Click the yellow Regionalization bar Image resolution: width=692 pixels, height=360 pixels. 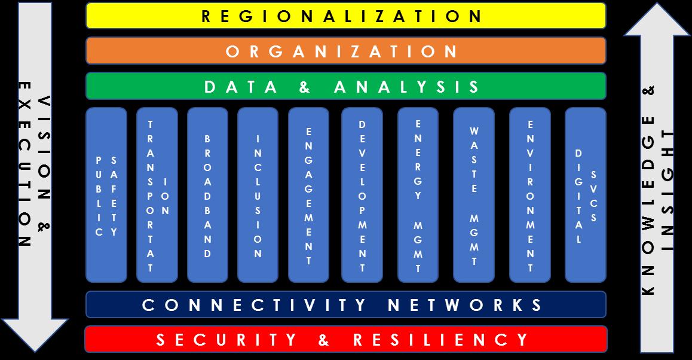[346, 16]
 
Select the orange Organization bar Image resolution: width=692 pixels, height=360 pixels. [346, 51]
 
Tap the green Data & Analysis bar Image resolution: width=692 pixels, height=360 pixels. [346, 86]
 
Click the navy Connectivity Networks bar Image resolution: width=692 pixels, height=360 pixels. [346, 304]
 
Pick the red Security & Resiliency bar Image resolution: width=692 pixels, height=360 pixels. [346, 339]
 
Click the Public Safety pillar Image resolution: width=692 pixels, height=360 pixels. [106, 195]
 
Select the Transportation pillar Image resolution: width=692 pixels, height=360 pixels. [157, 195]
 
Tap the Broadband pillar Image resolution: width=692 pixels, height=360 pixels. [208, 195]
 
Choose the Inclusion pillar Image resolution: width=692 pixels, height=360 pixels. [258, 195]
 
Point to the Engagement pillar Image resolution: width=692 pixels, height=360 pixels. [308, 195]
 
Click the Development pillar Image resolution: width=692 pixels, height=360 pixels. [362, 195]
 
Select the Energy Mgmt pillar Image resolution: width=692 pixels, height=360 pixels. [418, 195]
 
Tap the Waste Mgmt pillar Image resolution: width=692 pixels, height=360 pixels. [474, 195]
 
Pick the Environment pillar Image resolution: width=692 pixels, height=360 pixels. [530, 195]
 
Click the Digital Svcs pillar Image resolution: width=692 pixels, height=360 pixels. [586, 195]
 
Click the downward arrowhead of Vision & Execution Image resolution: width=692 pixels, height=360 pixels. [35, 335]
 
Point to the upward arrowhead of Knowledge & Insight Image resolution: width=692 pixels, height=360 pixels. [657, 20]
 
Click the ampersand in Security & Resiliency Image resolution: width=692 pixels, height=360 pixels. [324, 340]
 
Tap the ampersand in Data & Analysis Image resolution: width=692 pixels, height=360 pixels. [305, 87]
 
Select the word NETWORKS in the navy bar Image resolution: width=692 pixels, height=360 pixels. [465, 305]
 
